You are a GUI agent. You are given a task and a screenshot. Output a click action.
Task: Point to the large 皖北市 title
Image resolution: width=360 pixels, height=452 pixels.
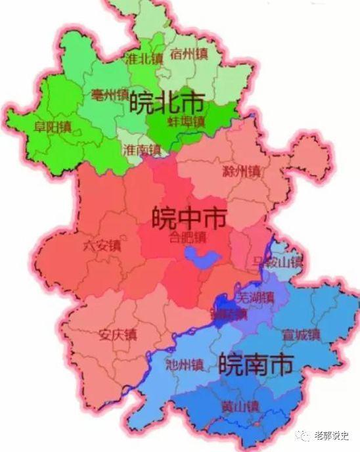point(166,102)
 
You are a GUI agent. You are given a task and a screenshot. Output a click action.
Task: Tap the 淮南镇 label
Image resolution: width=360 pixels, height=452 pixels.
point(141,150)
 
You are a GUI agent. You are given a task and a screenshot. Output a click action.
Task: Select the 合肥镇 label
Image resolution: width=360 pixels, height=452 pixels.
point(188,237)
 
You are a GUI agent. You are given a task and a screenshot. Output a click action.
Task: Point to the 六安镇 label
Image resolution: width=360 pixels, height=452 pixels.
point(102,246)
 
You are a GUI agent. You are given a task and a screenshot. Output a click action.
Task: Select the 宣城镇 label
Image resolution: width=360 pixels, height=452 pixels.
point(299,334)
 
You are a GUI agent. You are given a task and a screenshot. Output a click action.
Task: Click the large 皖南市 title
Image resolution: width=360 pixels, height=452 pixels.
point(256,364)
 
